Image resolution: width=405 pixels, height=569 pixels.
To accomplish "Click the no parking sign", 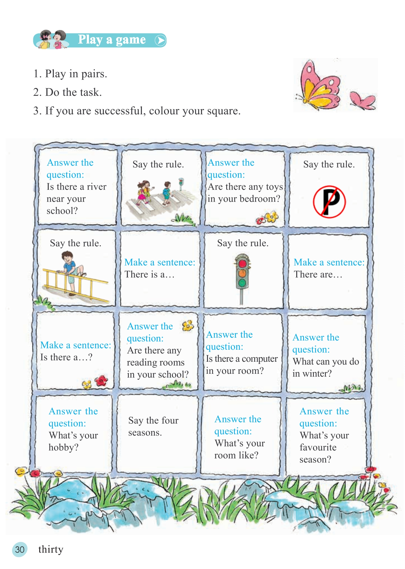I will (x=329, y=202).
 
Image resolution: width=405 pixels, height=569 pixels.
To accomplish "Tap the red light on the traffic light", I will (x=242, y=263).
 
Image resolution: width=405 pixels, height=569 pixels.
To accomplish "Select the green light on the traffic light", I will (x=242, y=282).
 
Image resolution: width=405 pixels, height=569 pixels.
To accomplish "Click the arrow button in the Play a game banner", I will (x=160, y=40).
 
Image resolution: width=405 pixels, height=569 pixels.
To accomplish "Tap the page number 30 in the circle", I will (x=20, y=549).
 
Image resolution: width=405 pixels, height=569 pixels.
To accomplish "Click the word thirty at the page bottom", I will (x=51, y=549).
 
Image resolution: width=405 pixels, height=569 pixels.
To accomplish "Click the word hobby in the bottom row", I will (x=61, y=447).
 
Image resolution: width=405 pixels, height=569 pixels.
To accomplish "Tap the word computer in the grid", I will (x=259, y=359).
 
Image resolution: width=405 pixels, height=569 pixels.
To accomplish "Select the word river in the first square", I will (x=96, y=187).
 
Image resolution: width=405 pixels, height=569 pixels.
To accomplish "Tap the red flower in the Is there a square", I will (x=101, y=381).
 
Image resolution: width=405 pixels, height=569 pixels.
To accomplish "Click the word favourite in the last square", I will (x=318, y=447).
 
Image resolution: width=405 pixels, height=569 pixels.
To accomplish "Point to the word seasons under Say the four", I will (x=145, y=432).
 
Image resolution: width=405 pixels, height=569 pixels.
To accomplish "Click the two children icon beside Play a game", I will (x=51, y=40).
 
